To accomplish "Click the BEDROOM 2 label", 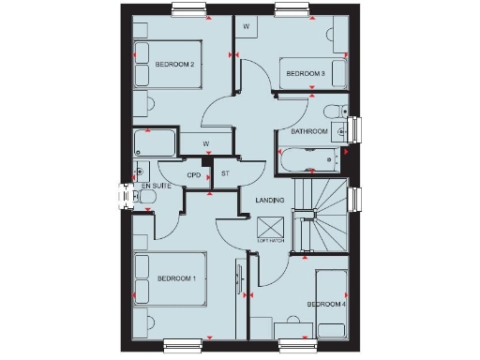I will click(x=175, y=65).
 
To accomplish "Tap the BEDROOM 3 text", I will click(x=305, y=73).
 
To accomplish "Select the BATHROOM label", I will click(x=309, y=132).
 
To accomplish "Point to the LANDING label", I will click(x=270, y=201).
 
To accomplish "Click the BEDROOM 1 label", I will click(x=176, y=278).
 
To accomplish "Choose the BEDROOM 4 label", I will click(x=326, y=305).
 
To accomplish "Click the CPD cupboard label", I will click(x=194, y=175).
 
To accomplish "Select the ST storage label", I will click(x=225, y=175).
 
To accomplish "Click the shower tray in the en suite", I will click(x=156, y=143).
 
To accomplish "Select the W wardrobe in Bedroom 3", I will click(x=247, y=28).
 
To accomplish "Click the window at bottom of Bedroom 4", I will click(x=301, y=343).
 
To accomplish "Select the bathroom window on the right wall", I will click(x=353, y=126).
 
